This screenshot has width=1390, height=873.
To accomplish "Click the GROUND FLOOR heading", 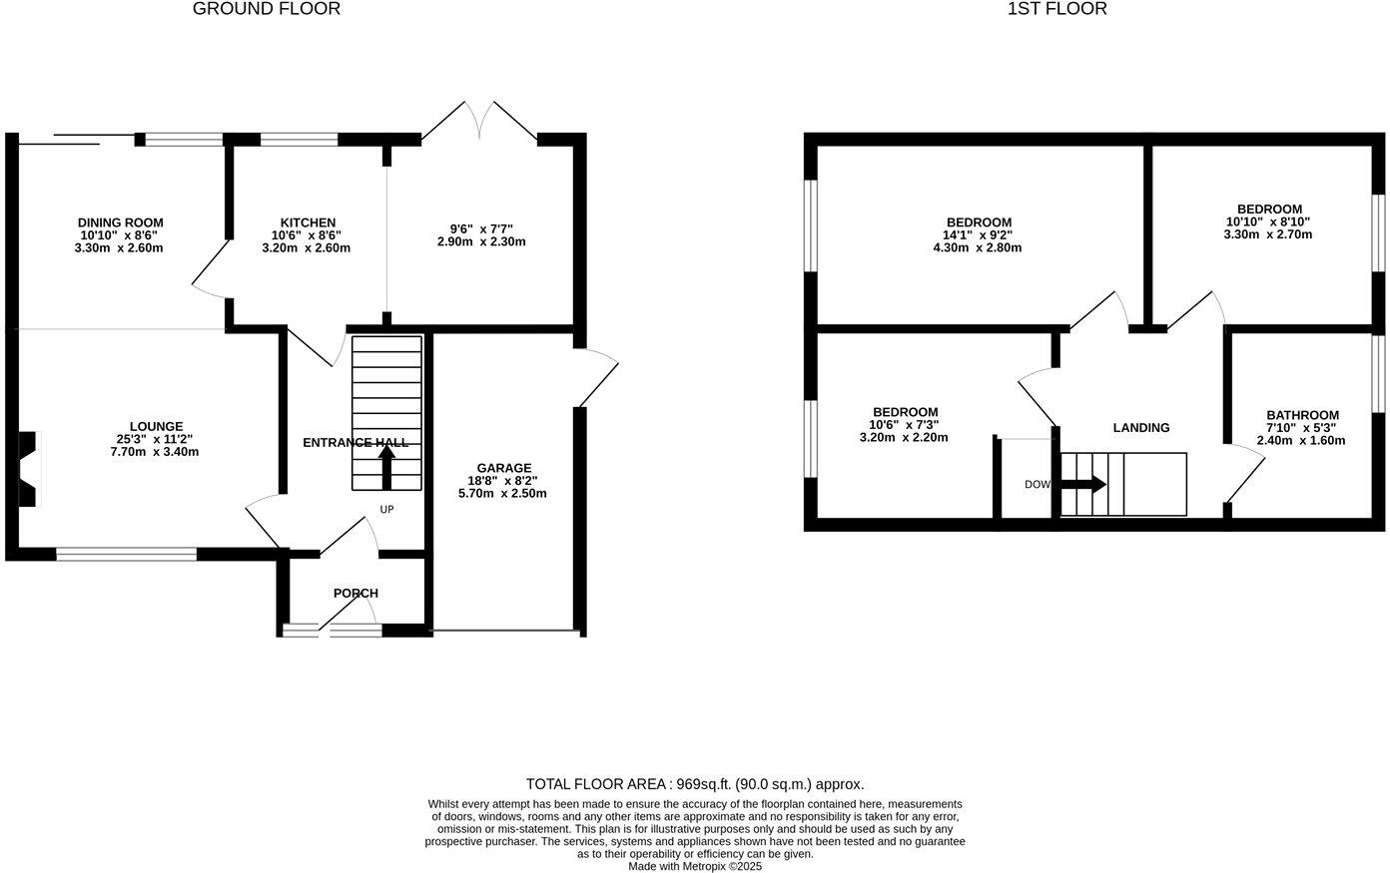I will coord(266,9).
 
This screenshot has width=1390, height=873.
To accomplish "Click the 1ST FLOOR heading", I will coord(1056,9).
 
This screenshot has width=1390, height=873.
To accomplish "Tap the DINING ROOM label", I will coord(120,222).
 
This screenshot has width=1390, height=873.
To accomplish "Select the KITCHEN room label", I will coord(308,222).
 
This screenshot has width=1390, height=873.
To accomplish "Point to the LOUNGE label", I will coord(156,426).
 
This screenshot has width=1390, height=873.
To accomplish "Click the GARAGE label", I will coord(503,468).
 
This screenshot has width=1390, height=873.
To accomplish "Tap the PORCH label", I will coord(355,593).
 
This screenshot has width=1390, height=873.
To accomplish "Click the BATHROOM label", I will coord(1302,415).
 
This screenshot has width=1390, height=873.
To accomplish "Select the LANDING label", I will coord(1140,427).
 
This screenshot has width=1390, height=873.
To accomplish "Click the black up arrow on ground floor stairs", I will coord(386,466).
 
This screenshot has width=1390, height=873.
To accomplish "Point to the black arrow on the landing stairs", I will coord(1084,485).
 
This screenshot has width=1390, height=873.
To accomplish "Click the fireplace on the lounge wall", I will coord(30,469).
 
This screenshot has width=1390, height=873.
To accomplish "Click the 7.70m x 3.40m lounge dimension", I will coord(156,452).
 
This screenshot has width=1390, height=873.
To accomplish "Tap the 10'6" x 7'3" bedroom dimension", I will coord(904,425).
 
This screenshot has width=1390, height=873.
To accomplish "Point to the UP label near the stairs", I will coord(386,510).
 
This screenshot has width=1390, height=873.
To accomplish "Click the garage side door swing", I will coord(599,377).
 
